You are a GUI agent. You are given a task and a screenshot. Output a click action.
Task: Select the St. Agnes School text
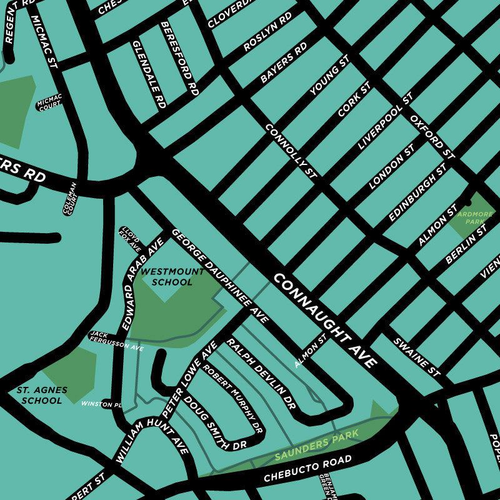tap(42, 395)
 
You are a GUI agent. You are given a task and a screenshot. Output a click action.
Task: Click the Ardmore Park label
tap(475, 217)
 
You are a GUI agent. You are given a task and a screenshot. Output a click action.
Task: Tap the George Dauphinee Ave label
tap(220, 275)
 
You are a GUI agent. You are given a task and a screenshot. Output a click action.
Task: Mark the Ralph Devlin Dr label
tap(260, 374)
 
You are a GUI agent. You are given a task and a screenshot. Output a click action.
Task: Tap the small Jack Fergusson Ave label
tap(116, 341)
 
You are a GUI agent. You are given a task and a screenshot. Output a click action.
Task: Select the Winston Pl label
tap(101, 404)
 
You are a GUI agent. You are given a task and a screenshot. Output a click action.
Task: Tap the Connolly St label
tap(291, 150)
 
